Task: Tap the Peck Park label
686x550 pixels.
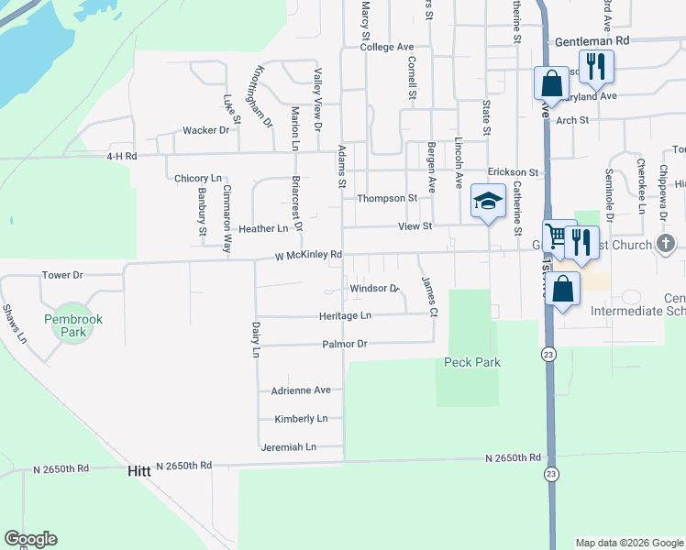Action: (472, 362)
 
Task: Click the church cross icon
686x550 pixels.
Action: (667, 244)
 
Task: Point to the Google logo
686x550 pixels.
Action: (30, 539)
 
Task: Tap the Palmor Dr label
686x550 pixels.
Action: (344, 344)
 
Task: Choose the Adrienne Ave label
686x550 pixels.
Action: (301, 390)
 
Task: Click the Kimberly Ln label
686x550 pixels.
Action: (301, 419)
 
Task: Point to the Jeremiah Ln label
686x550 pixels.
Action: (288, 447)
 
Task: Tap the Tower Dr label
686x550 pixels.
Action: (62, 275)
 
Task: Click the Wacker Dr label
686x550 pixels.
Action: (205, 130)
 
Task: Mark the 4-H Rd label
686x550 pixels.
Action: (121, 157)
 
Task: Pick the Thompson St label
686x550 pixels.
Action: (387, 198)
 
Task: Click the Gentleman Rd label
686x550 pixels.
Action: (592, 41)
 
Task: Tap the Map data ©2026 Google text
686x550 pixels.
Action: (628, 543)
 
